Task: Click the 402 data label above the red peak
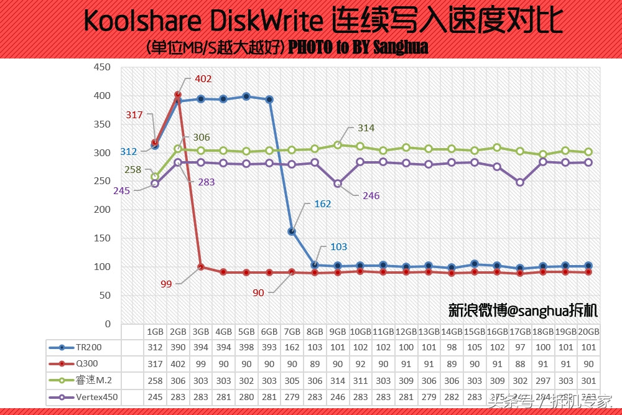point(203,79)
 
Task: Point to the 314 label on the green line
point(366,128)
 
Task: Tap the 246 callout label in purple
point(371,196)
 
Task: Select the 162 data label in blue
point(323,203)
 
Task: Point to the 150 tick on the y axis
point(102,238)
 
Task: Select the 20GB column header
point(588,332)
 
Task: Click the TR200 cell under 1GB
point(155,347)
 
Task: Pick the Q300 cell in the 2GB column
point(178,363)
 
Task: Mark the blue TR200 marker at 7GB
point(292,231)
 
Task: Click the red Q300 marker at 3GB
point(200,268)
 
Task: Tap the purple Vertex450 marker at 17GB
point(520,183)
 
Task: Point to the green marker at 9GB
point(338,145)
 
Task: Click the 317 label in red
point(134,115)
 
